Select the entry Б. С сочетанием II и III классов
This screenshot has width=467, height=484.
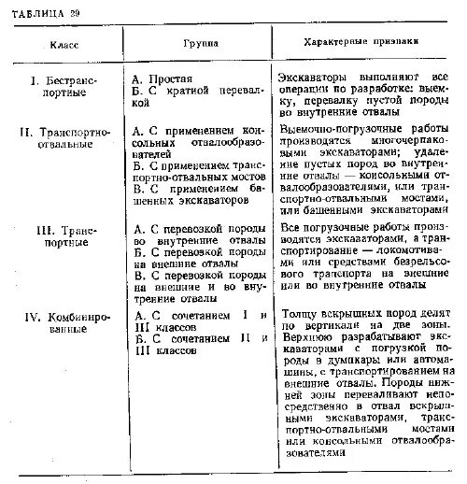[198, 349]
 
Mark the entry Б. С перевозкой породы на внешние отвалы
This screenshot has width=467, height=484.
[198, 259]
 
